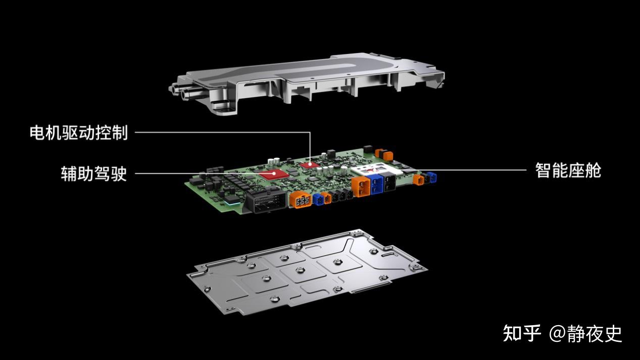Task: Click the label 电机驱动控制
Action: pos(79,132)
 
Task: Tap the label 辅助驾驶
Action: pos(94,173)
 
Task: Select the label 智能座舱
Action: pos(568,171)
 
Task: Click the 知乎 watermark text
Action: pos(522,333)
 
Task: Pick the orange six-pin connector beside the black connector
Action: pos(301,199)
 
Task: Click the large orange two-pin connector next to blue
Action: pos(361,187)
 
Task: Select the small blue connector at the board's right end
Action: pos(432,177)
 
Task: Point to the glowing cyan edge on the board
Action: pos(232,203)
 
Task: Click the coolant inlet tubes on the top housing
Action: pos(179,90)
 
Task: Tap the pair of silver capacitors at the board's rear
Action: pos(274,161)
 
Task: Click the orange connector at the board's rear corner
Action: pos(384,154)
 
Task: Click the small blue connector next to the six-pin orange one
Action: pos(318,199)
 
